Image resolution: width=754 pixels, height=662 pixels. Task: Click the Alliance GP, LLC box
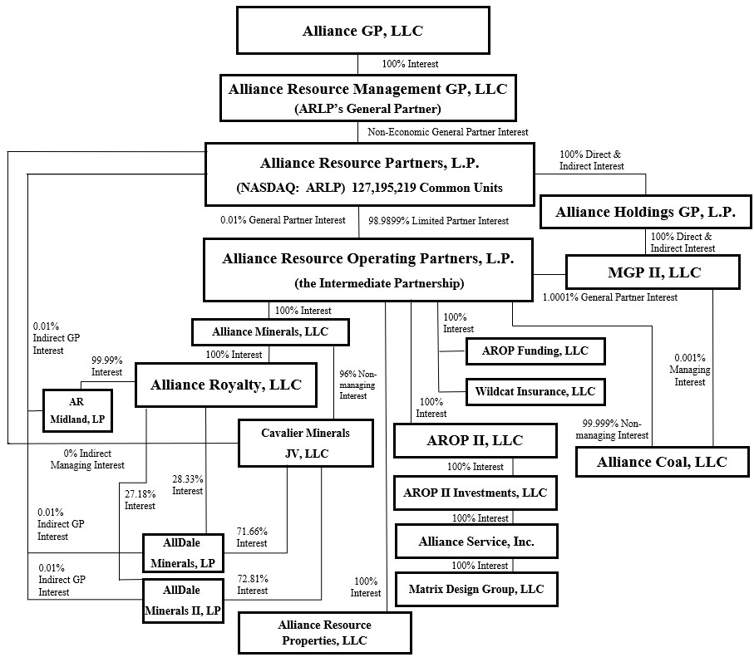coord(363,30)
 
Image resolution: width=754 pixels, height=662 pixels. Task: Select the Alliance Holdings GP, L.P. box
coord(645,212)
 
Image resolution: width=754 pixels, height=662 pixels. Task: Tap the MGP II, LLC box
coord(653,272)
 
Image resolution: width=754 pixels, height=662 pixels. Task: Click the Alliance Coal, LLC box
coord(663,462)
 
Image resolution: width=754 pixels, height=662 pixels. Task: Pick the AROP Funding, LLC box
coord(535,351)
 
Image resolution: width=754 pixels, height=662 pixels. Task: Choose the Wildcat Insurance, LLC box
coord(535,391)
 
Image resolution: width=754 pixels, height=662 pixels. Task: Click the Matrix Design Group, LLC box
coord(476,589)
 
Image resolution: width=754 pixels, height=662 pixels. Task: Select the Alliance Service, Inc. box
coord(476,542)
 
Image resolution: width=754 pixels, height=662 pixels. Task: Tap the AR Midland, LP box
coord(77,411)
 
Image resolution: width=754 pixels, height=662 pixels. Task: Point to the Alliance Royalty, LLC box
coord(226,385)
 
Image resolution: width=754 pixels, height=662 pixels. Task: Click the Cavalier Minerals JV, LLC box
coord(306,443)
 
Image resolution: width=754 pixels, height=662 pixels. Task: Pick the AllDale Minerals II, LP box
coord(183,601)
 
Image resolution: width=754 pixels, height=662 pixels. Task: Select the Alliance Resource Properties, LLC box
coord(324,632)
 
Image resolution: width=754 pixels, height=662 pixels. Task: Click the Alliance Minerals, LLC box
coord(270,332)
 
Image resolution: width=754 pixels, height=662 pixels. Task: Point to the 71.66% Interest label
coord(252,537)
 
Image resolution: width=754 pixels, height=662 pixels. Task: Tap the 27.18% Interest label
coord(140,500)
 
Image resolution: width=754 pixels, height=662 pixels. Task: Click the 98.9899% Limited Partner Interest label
coord(439,220)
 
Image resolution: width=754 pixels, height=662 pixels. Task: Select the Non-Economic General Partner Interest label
coord(448,131)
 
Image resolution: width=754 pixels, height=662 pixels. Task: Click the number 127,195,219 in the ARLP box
coord(382,188)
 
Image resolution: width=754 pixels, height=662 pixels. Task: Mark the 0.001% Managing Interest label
coord(690,370)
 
